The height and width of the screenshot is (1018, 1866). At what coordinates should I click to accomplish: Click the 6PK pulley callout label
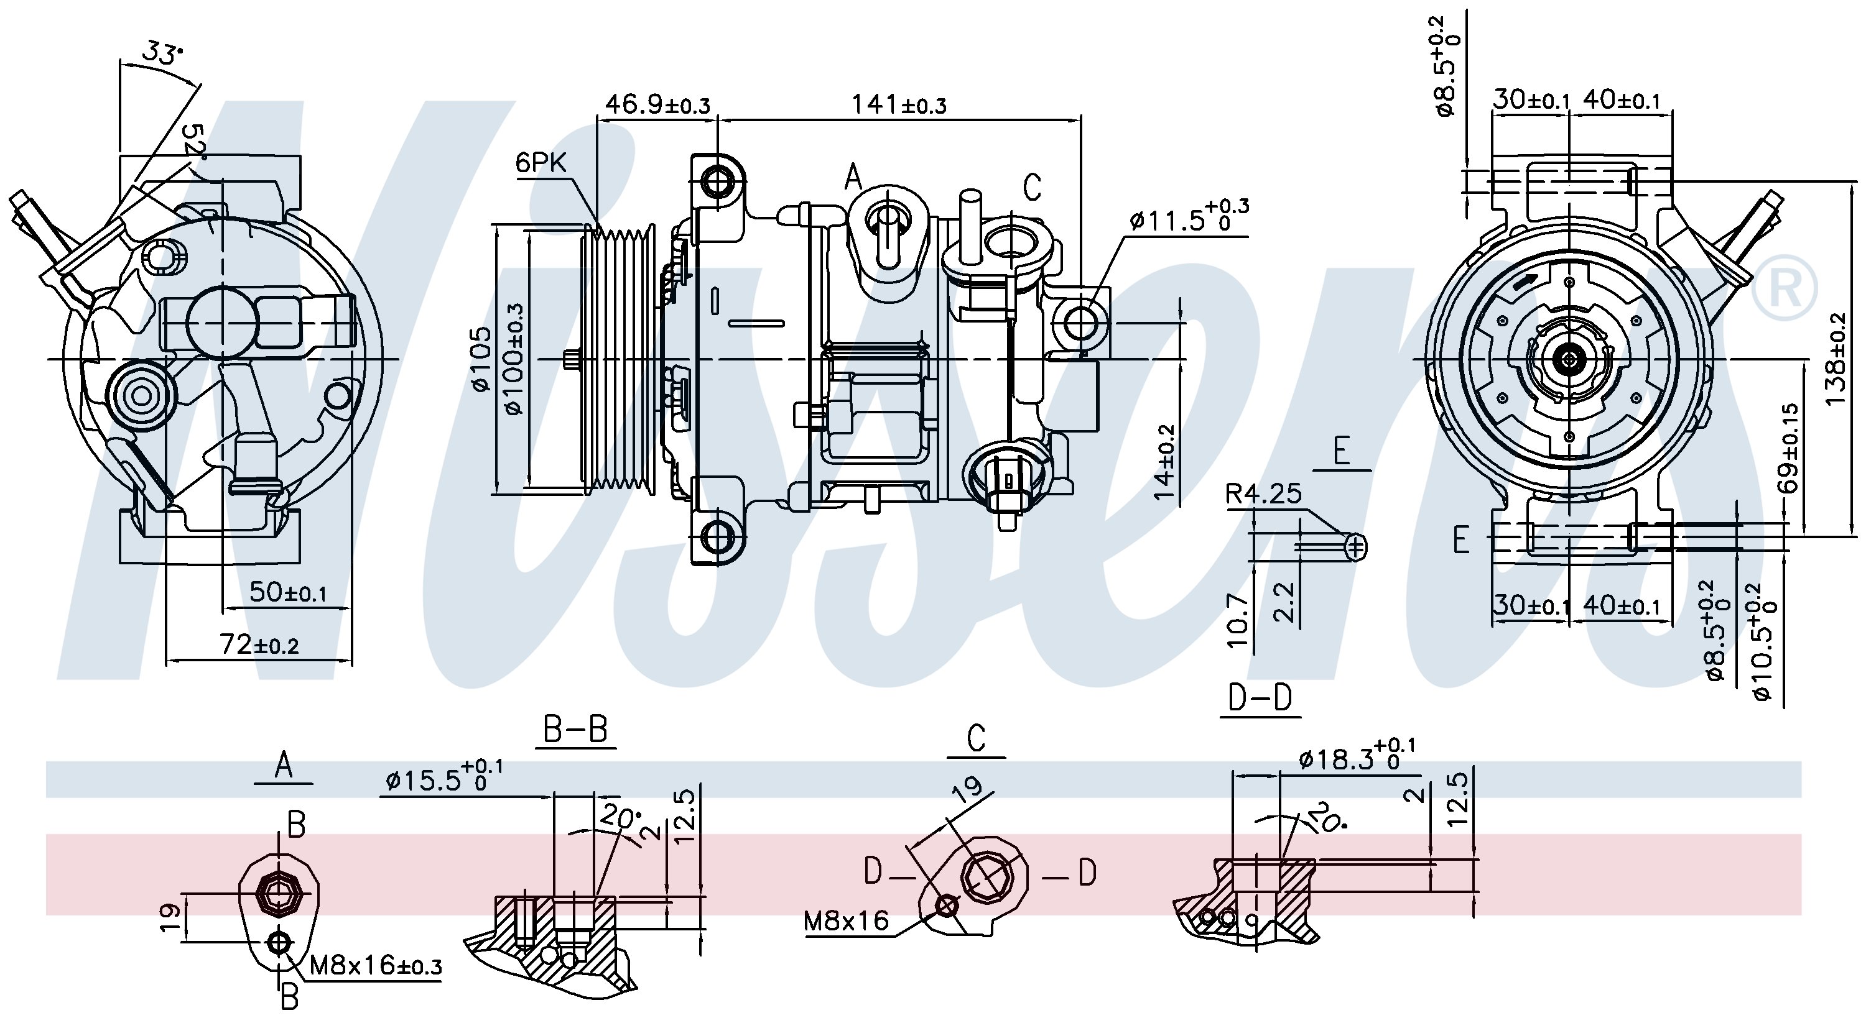pos(541,162)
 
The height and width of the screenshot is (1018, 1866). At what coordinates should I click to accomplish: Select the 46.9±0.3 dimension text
pos(657,104)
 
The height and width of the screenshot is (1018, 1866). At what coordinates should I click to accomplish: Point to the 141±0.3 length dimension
pos(898,104)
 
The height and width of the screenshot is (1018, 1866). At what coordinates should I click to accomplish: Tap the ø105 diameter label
pos(481,360)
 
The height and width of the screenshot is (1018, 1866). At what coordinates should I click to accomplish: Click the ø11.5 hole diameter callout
pos(1189,215)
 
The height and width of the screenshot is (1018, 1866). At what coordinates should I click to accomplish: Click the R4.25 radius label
pos(1263,494)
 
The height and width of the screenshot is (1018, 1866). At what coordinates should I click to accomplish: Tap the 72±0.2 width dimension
pos(259,644)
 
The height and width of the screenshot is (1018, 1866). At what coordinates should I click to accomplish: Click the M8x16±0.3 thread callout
pos(375,965)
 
